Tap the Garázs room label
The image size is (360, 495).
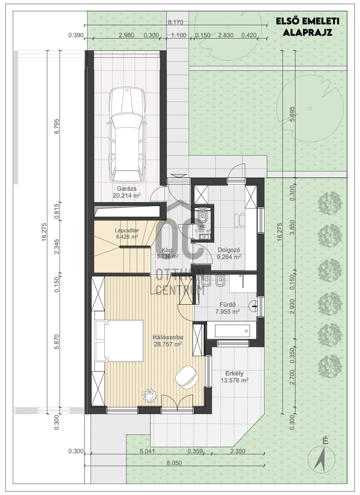pyautogui.click(x=127, y=188)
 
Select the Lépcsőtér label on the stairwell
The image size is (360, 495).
pyautogui.click(x=127, y=230)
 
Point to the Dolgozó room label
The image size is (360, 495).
pyautogui.click(x=229, y=250)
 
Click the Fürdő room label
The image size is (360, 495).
pyautogui.click(x=228, y=305)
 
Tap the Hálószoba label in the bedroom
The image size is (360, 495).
pyautogui.click(x=168, y=337)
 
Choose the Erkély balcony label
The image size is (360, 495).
pyautogui.click(x=234, y=374)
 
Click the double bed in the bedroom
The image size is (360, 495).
pyautogui.click(x=119, y=341)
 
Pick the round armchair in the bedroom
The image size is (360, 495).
pyautogui.click(x=187, y=377)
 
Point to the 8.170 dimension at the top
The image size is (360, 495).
pyautogui.click(x=176, y=22)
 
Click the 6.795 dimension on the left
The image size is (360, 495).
pyautogui.click(x=57, y=126)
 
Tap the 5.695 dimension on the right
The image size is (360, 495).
pyautogui.click(x=292, y=114)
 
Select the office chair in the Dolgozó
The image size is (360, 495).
pyautogui.click(x=239, y=220)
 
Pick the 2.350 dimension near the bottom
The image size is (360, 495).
pyautogui.click(x=238, y=449)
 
